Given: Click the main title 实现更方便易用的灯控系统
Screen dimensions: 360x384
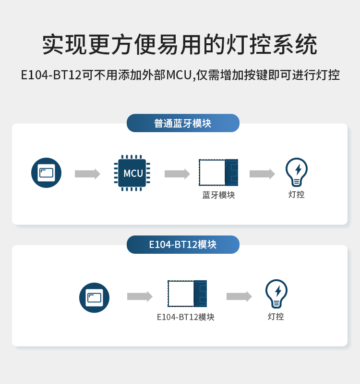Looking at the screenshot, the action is (180, 45).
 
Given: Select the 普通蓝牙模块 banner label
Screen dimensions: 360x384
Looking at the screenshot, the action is (183, 123).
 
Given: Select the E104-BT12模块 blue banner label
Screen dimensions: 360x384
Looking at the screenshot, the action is (183, 244).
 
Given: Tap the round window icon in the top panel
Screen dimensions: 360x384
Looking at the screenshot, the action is (47, 173).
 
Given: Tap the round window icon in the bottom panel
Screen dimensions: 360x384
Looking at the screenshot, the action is (94, 297).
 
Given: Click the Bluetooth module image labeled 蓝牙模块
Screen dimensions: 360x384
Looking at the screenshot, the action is (218, 173).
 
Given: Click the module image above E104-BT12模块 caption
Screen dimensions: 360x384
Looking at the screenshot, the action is (187, 294).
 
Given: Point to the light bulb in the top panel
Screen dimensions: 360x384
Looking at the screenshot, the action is (297, 172).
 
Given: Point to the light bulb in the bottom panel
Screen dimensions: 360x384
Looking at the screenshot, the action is (276, 294).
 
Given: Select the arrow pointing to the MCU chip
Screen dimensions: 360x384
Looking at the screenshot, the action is (87, 173).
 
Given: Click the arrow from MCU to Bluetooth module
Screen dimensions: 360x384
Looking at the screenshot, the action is (177, 173).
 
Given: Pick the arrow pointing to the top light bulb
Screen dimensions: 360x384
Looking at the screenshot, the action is (262, 173).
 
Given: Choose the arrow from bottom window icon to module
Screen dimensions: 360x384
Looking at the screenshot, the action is (140, 297).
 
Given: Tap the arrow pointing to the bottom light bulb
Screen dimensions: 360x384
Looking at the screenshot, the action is (239, 297).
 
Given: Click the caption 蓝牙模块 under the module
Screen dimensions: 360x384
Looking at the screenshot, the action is (218, 195).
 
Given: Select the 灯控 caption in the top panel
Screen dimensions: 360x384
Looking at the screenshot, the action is (297, 194).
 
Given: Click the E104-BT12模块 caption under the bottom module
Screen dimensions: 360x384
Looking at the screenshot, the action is (186, 317).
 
